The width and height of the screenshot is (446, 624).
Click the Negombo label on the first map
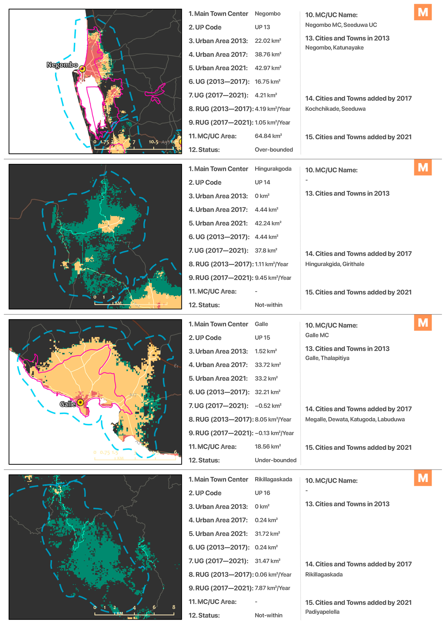pyautogui.click(x=62, y=65)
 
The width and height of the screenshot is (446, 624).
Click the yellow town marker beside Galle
pyautogui.click(x=80, y=403)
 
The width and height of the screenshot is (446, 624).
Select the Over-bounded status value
pyautogui.click(x=274, y=150)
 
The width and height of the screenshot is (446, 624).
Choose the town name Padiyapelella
pyautogui.click(x=322, y=612)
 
